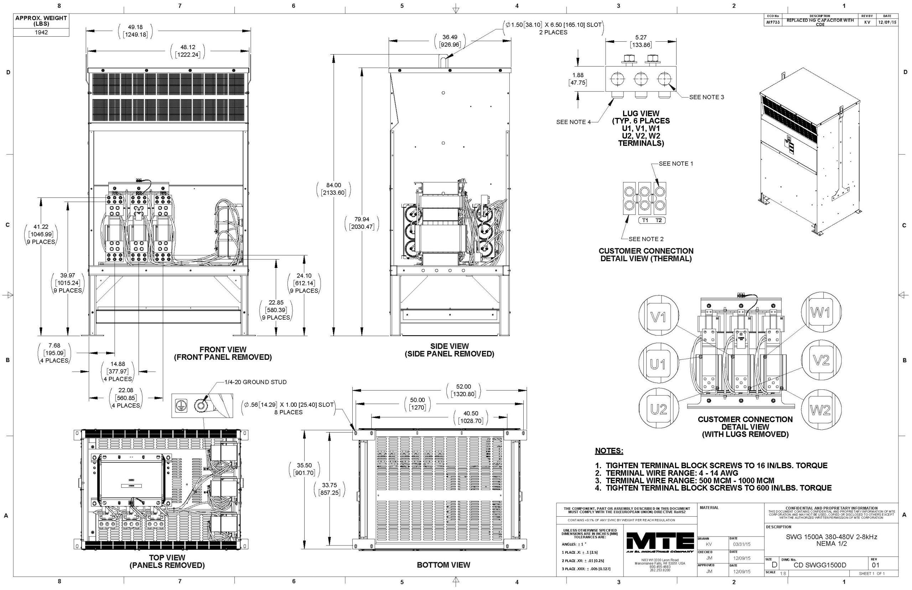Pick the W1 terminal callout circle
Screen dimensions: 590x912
point(820,314)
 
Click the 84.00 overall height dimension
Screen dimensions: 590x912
point(333,189)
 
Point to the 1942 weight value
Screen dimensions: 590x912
point(41,32)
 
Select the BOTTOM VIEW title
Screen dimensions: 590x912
point(443,565)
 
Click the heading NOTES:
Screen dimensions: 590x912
point(609,451)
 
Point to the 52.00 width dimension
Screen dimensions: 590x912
point(464,390)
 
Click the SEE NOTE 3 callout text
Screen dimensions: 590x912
point(706,97)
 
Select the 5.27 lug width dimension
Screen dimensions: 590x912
point(641,41)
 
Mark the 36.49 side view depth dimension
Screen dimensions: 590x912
point(450,41)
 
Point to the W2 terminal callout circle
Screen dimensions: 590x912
point(820,410)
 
